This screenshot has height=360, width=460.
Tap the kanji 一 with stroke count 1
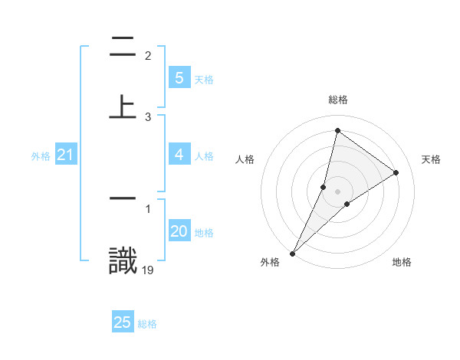point(123,198)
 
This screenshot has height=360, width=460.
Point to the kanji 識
point(123,260)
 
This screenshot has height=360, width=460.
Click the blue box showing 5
point(179,78)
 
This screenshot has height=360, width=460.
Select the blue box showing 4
point(179,155)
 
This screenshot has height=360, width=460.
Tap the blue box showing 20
point(179,231)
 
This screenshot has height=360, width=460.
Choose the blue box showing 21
point(65,155)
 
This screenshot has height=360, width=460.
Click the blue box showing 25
point(123,322)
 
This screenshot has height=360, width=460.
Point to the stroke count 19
point(148,270)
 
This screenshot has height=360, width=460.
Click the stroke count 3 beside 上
point(148,117)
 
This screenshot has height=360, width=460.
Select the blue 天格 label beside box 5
point(204,80)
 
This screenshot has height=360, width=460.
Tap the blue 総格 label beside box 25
point(147,324)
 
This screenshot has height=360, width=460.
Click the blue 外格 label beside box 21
point(41,156)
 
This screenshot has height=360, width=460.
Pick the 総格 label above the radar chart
point(338,100)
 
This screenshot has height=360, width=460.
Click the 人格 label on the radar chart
point(245,159)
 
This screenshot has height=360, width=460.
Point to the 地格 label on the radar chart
point(402,262)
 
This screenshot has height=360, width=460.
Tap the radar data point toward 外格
point(293,253)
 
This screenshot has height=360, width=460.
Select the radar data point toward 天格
point(396,173)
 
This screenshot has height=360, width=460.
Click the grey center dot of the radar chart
point(338,191)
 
